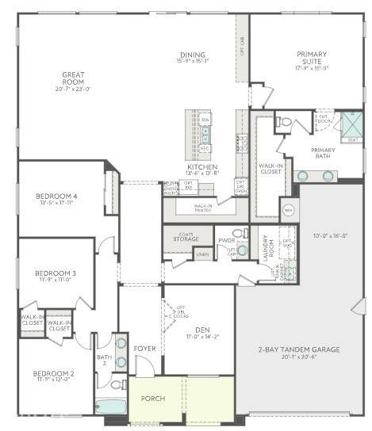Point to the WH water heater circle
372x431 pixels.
289,210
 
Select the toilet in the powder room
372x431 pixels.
244,233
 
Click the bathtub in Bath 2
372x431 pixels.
110,406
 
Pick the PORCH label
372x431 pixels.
152,399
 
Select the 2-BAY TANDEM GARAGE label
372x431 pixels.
298,349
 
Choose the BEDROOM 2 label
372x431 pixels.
55,374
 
